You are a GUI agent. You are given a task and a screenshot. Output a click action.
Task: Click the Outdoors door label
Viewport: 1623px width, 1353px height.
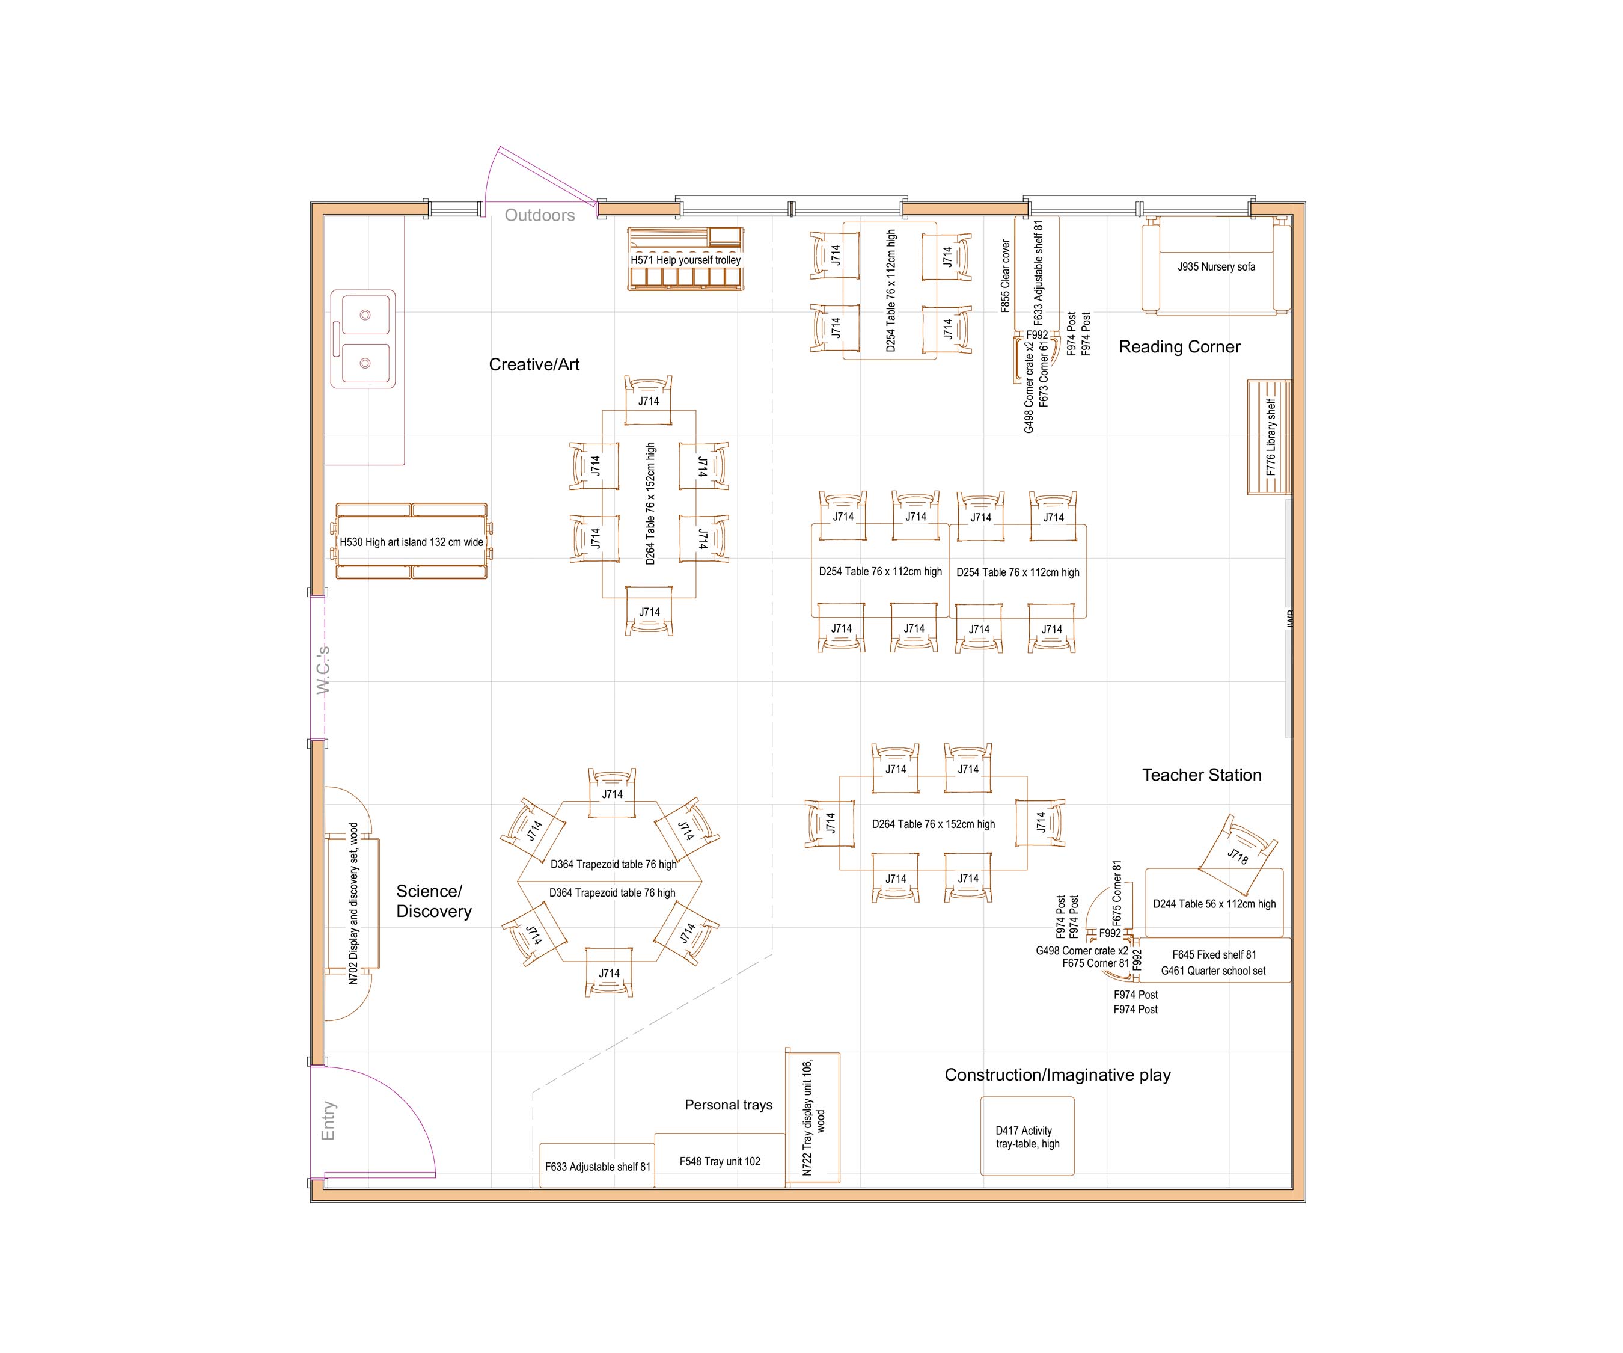[539, 216]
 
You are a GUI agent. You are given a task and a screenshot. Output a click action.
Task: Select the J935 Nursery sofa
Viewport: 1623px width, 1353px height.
[1215, 267]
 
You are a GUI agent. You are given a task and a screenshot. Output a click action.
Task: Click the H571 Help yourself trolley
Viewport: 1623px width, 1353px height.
[685, 260]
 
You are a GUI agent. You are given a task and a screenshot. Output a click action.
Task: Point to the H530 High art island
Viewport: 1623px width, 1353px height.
[411, 542]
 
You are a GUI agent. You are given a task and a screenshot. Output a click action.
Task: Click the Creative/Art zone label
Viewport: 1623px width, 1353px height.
[534, 365]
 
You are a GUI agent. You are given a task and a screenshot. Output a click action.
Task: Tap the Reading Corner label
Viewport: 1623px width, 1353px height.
[1179, 347]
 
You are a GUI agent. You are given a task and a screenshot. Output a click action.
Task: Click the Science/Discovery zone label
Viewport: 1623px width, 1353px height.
[433, 901]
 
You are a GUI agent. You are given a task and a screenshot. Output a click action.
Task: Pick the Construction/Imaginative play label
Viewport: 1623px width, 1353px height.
[1057, 1075]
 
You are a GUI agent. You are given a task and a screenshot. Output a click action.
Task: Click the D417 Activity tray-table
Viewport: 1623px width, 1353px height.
[1027, 1137]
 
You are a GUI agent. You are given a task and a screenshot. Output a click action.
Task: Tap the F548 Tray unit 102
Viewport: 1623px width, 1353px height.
[720, 1161]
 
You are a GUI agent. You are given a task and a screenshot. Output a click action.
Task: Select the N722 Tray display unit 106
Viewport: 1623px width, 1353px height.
[813, 1117]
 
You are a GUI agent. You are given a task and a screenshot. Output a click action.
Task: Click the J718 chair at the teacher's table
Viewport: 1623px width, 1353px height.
[1237, 855]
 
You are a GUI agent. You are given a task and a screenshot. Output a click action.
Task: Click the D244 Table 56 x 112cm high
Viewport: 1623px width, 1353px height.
[1214, 904]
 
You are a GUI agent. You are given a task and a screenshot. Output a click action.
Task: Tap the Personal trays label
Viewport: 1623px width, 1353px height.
[728, 1105]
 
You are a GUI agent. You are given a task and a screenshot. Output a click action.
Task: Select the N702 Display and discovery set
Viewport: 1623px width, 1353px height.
[353, 903]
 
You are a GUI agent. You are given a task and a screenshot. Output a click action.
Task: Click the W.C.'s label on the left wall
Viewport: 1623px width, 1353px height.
[323, 669]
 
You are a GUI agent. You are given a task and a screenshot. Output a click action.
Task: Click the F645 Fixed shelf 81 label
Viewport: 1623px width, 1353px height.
[1214, 955]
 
